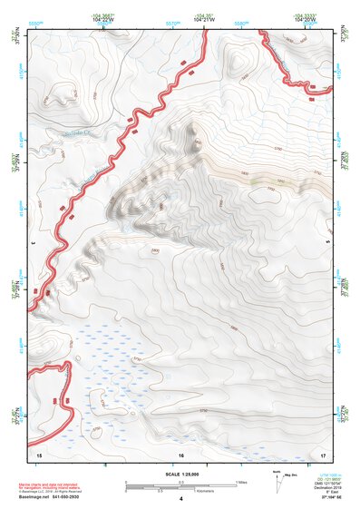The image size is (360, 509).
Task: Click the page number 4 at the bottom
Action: pyautogui.click(x=180, y=499)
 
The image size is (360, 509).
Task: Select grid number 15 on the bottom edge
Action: pyautogui.click(x=39, y=454)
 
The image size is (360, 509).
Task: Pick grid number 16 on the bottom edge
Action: pyautogui.click(x=181, y=454)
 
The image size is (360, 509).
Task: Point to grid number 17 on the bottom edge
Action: pyautogui.click(x=323, y=454)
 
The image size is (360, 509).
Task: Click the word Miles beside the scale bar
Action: pyautogui.click(x=242, y=482)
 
